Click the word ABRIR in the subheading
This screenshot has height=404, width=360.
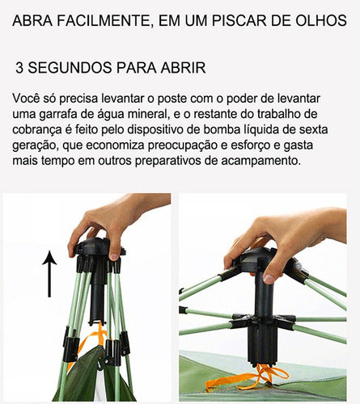pos(182,67)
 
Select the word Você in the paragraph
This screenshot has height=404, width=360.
pos(28,97)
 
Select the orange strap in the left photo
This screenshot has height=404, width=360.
pos(97,339)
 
